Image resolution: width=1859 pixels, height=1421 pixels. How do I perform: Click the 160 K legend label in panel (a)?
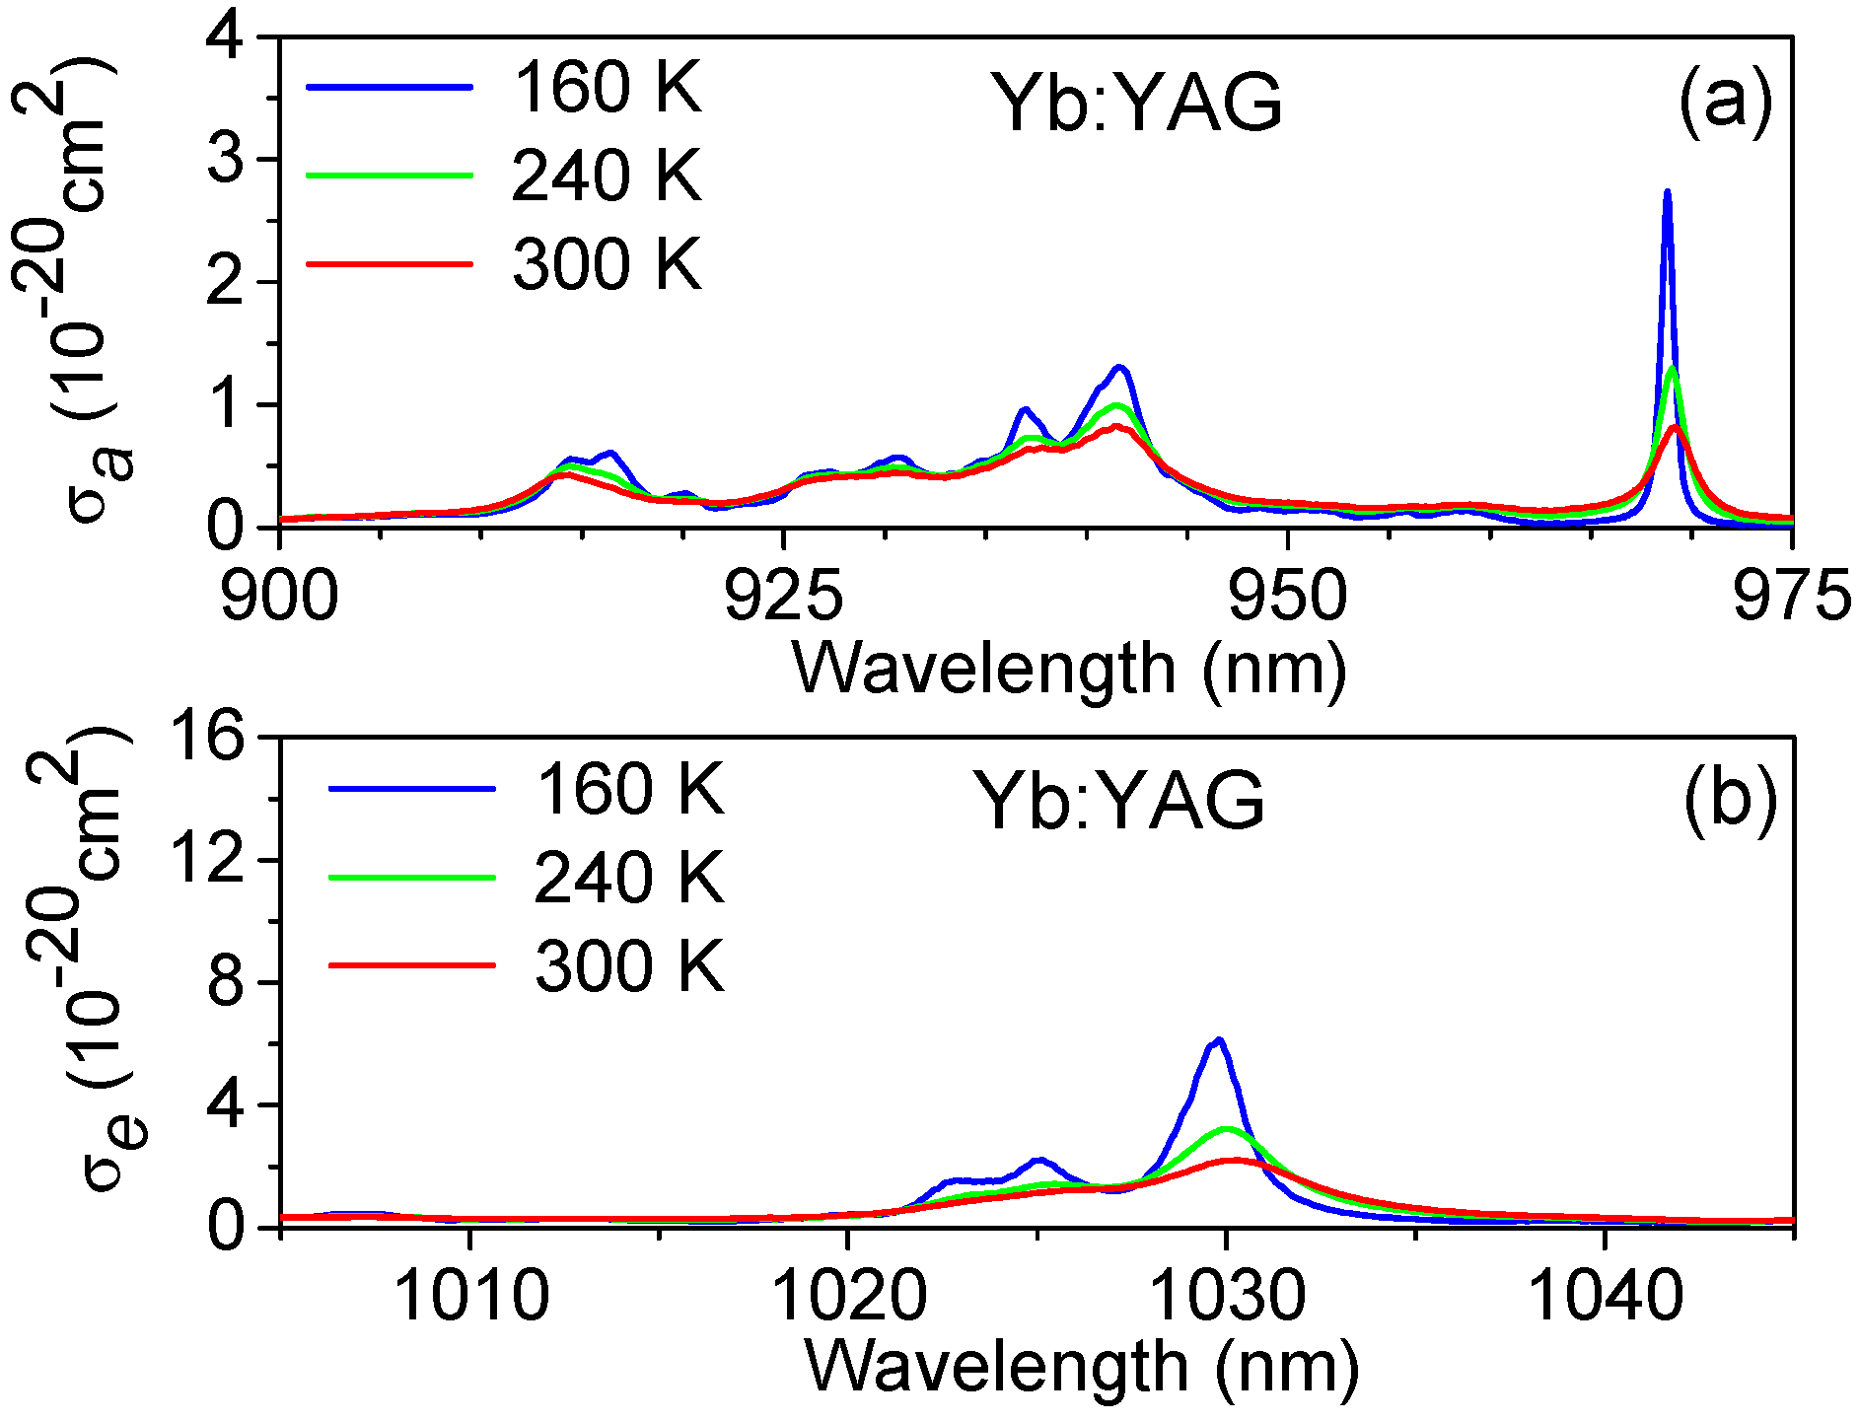(606, 88)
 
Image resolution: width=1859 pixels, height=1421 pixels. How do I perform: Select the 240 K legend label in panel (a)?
(606, 177)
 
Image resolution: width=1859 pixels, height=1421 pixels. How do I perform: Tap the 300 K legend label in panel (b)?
(629, 965)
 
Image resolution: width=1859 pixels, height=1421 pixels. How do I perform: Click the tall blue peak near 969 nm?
(1667, 194)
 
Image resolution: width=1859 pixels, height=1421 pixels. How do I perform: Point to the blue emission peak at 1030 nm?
(1219, 1041)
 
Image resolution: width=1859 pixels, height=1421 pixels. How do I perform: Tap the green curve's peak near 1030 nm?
(1226, 1129)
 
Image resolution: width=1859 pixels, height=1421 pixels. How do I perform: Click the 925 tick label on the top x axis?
(784, 598)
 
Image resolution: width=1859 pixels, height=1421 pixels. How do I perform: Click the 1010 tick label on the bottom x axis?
(470, 1296)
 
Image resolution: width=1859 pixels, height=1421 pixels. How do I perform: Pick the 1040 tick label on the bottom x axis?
(1605, 1296)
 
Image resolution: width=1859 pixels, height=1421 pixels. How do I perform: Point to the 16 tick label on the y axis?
(206, 737)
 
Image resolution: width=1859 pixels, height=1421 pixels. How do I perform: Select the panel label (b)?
(1730, 801)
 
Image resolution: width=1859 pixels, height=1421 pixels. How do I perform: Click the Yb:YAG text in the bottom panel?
(1118, 802)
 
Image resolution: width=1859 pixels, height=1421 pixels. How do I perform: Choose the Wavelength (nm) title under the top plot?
(1069, 670)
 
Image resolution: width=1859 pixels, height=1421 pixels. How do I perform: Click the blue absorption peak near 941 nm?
(1119, 369)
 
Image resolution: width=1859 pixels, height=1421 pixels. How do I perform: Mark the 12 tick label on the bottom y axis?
(206, 859)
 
